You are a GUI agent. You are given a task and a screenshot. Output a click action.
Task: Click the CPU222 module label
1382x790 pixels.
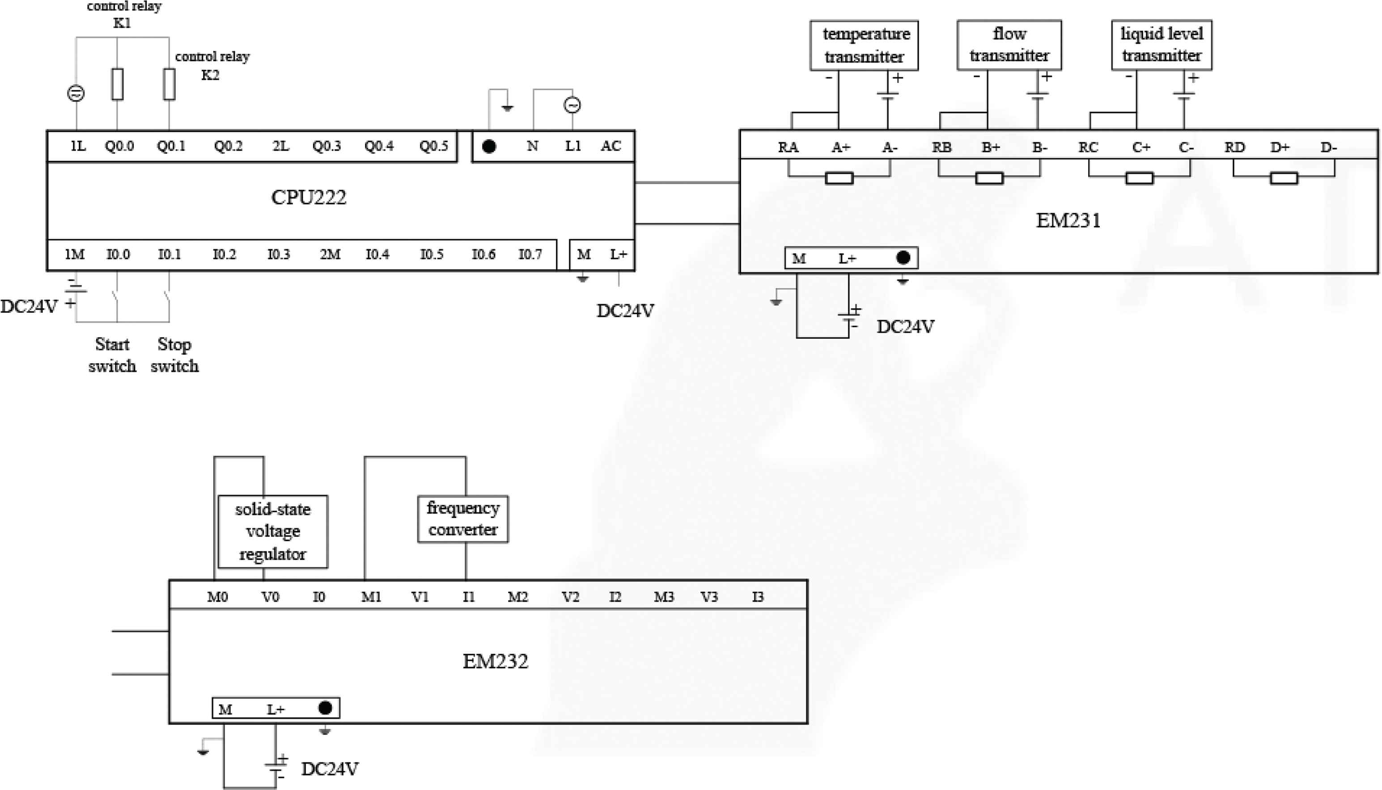[308, 197]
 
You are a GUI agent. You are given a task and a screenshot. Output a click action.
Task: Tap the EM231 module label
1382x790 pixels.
[1068, 220]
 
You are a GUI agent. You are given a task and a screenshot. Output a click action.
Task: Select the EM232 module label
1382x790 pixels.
[495, 661]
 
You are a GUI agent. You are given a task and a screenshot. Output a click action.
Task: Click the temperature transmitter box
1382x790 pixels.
[864, 46]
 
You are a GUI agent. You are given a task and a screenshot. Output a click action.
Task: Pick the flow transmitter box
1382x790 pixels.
[1009, 45]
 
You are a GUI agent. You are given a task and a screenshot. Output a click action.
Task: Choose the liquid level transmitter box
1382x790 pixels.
[1161, 45]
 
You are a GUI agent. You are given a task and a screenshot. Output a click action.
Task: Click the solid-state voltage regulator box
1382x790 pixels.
[272, 532]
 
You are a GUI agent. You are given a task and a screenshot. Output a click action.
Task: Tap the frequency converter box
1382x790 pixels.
[463, 519]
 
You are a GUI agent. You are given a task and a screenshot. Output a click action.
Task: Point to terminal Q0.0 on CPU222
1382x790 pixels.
[119, 146]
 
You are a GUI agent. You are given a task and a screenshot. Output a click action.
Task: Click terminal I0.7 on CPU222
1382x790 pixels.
[530, 254]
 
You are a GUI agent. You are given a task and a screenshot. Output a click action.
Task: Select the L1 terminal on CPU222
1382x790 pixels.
[573, 146]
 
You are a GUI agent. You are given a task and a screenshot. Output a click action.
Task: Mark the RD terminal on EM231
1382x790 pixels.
[1234, 147]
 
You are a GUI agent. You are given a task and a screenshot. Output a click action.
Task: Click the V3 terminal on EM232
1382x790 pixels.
[708, 597]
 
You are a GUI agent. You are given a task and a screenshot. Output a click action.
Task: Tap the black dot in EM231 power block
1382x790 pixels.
[903, 258]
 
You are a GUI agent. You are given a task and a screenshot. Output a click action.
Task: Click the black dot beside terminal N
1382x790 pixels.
[489, 146]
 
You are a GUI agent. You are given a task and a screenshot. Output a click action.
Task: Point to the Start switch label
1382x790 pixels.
[112, 355]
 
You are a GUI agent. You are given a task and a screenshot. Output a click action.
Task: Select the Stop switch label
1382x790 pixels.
[174, 355]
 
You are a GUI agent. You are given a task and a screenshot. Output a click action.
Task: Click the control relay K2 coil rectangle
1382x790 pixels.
[170, 84]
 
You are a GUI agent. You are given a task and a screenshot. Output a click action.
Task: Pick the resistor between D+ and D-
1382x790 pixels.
[1284, 178]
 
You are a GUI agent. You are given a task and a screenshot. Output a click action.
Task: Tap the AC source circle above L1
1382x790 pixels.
[572, 105]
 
